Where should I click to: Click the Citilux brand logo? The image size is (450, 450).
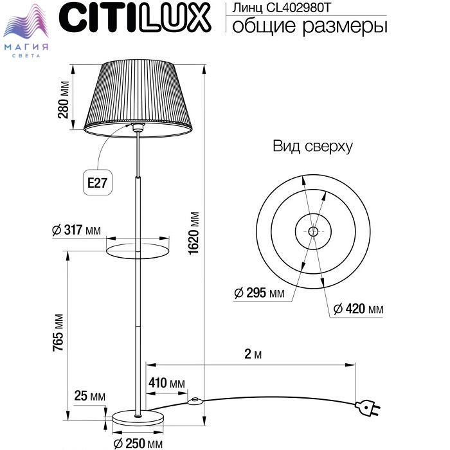(135, 18)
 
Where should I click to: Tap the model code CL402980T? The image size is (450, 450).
(299, 8)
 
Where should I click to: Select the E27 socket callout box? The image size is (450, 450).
(97, 182)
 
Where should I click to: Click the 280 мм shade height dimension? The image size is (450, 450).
(64, 100)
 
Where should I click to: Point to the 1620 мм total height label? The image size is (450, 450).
(194, 233)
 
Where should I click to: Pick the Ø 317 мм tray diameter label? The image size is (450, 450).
(76, 230)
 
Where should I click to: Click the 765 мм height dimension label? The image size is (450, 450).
(58, 332)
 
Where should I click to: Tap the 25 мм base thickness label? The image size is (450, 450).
(89, 396)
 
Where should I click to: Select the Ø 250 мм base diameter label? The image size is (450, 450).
(138, 444)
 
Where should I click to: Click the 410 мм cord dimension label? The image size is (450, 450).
(166, 383)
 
